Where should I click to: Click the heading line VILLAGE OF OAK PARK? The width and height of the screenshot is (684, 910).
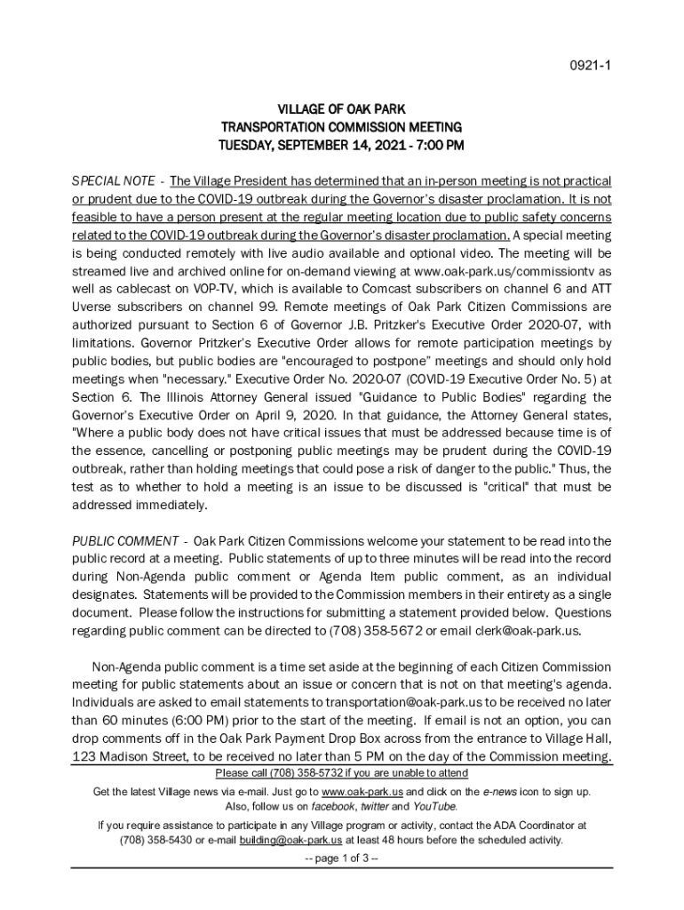coord(342,109)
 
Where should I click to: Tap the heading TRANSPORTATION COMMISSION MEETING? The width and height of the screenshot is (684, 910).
coord(342,127)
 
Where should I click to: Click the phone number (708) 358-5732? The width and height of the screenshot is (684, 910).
coord(304,773)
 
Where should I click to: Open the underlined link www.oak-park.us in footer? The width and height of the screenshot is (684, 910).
coord(362,791)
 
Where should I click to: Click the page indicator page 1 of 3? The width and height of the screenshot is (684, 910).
coord(342,858)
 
